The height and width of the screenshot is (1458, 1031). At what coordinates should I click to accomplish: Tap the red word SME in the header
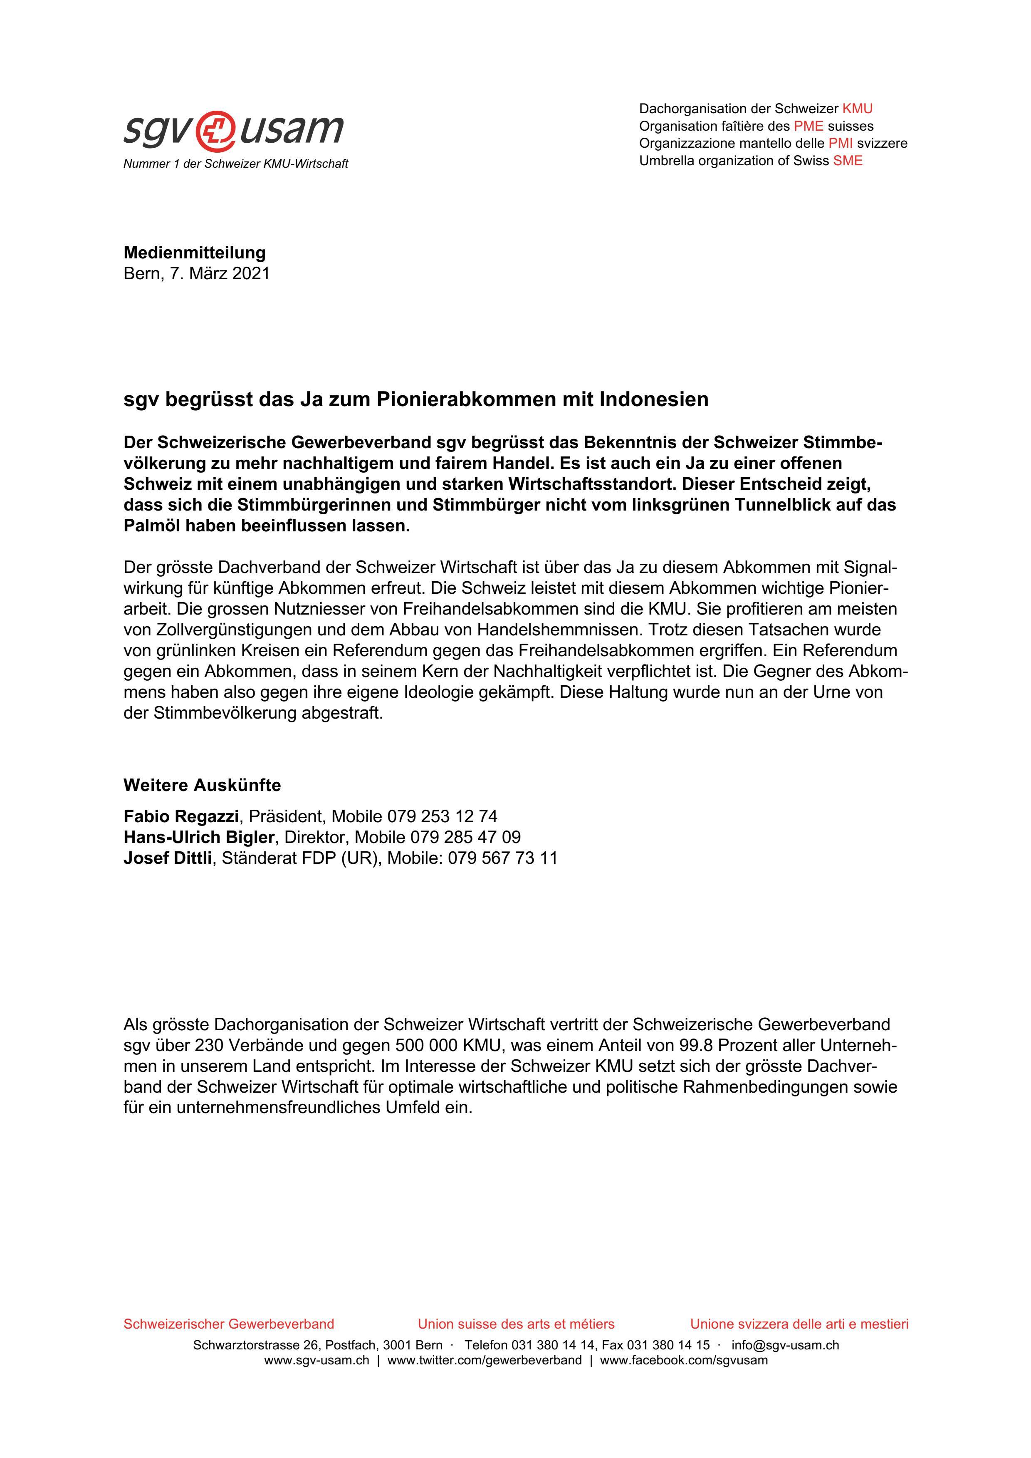pyautogui.click(x=848, y=161)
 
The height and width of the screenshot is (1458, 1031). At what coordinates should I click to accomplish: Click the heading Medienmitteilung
pyautogui.click(x=194, y=253)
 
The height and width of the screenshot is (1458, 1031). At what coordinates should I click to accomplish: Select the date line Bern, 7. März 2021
pyautogui.click(x=196, y=274)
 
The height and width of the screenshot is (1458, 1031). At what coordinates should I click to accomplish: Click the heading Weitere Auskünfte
pyautogui.click(x=202, y=786)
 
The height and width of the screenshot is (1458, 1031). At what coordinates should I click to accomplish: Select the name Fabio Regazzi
pyautogui.click(x=181, y=816)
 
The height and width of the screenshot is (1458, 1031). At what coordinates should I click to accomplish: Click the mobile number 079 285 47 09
pyautogui.click(x=465, y=837)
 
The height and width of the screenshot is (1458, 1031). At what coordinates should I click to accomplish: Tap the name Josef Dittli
pyautogui.click(x=168, y=858)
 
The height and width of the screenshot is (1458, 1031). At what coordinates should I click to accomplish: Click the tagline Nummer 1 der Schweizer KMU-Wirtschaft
pyautogui.click(x=235, y=164)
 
